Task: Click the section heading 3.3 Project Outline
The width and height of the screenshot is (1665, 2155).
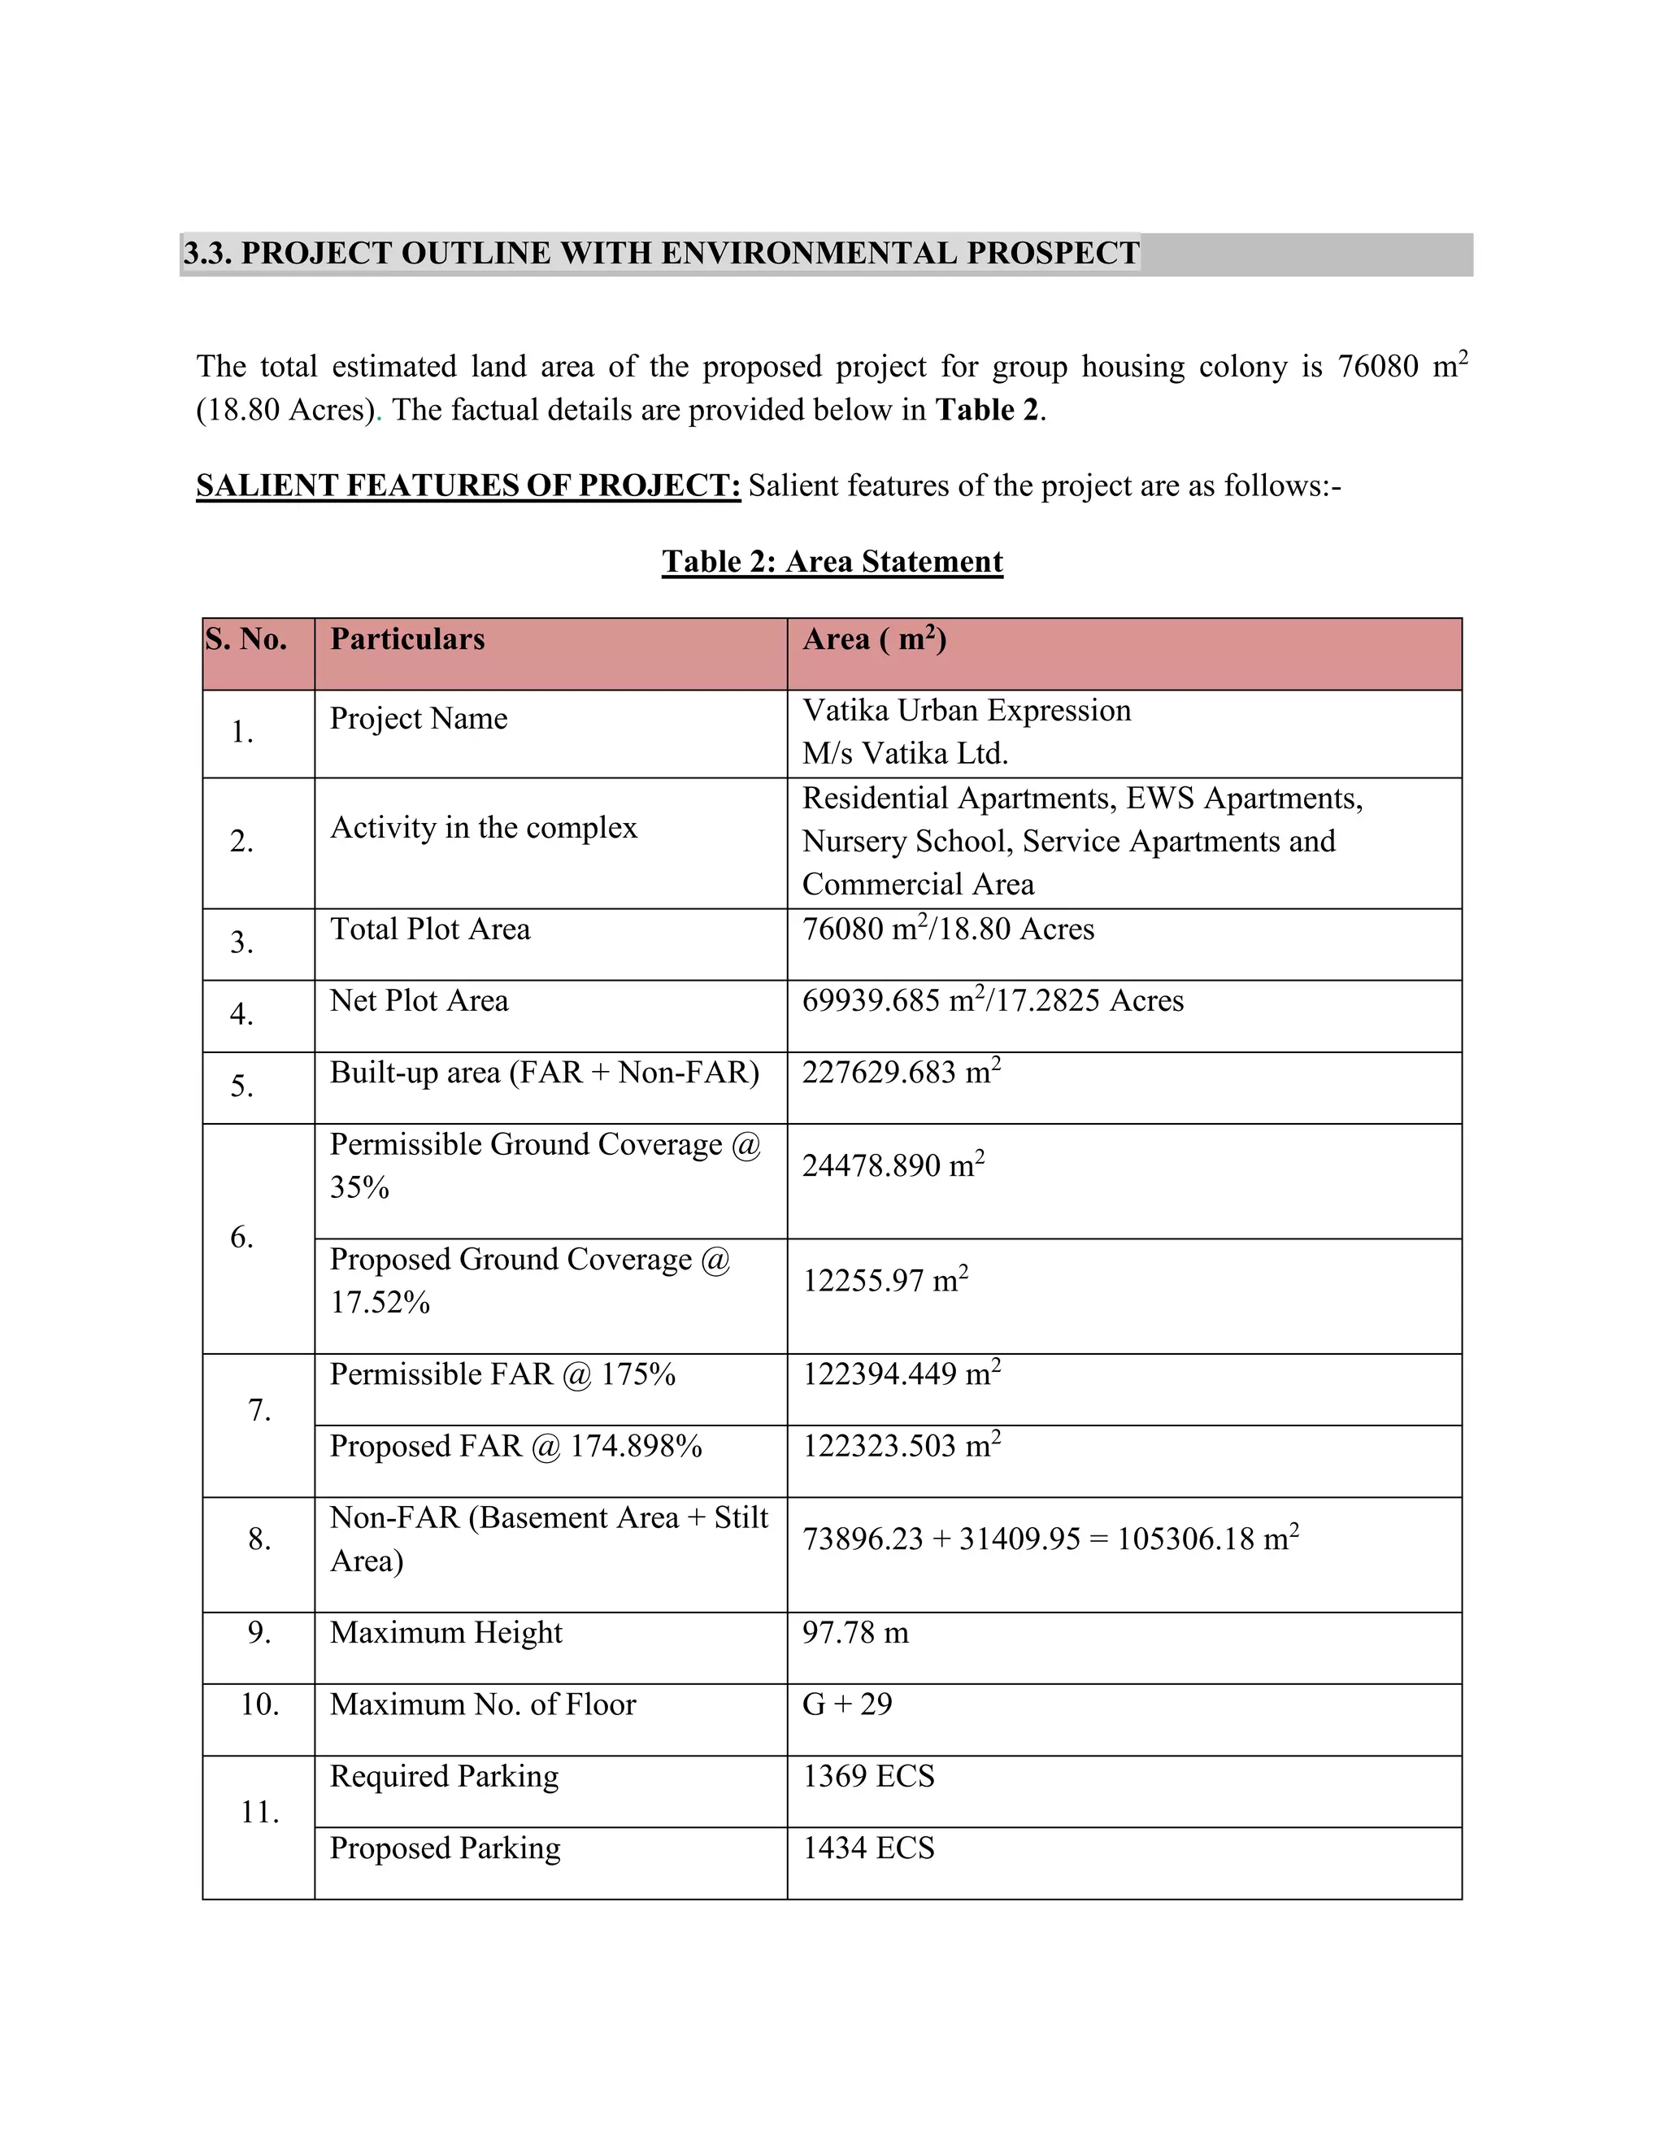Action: click(661, 254)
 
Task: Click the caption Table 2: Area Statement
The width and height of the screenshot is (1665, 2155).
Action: click(832, 561)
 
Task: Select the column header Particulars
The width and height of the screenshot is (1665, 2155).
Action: click(407, 639)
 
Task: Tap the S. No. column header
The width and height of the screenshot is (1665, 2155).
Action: click(246, 639)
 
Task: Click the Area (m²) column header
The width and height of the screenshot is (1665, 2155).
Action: click(874, 639)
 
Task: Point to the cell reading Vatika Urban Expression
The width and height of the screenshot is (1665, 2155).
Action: click(966, 711)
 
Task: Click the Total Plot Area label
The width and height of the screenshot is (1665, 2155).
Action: click(430, 929)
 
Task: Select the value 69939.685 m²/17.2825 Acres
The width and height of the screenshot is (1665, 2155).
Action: click(993, 1000)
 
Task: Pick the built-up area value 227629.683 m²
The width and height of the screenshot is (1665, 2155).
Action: click(901, 1073)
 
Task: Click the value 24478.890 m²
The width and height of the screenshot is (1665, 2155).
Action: click(893, 1165)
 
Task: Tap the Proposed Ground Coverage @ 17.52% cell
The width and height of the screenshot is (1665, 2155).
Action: click(530, 1280)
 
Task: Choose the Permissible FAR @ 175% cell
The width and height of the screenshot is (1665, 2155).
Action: click(502, 1374)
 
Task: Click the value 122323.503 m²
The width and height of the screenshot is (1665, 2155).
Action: click(901, 1446)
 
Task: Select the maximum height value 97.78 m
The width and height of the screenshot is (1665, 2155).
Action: click(855, 1633)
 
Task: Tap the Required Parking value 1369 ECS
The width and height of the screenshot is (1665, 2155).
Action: click(868, 1776)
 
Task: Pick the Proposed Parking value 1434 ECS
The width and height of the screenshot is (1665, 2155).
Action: click(868, 1848)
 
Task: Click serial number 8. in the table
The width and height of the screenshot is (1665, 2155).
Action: click(259, 1539)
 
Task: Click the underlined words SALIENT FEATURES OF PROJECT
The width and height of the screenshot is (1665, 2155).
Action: click(467, 485)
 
